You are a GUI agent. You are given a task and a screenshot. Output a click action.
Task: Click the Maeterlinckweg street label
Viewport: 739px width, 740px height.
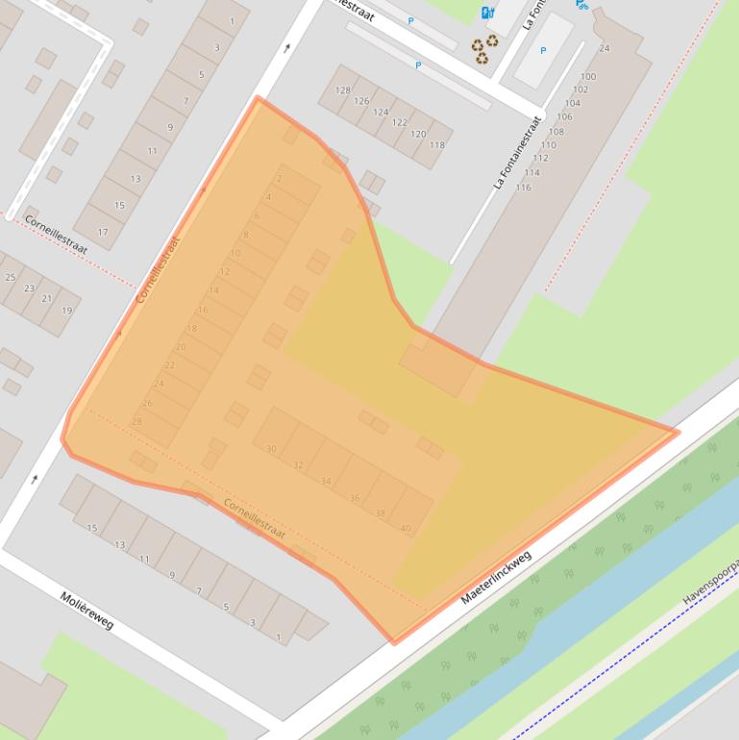[x=496, y=577]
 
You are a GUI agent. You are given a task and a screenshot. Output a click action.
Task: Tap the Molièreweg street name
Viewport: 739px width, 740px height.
[x=86, y=610]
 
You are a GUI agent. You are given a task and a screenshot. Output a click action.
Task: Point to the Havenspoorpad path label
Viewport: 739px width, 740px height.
[x=710, y=581]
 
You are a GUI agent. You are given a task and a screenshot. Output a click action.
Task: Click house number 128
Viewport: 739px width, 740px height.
[x=343, y=90]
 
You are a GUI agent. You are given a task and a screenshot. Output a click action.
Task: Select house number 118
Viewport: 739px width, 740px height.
[x=437, y=145]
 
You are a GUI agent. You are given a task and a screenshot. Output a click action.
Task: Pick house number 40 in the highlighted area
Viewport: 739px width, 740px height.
[x=406, y=528]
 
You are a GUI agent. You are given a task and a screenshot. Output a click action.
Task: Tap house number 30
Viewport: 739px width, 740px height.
[x=271, y=449]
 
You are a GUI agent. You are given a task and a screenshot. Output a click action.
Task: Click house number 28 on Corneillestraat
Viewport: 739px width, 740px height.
[x=136, y=421]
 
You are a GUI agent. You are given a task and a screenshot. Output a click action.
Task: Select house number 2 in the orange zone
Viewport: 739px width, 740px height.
[x=279, y=179]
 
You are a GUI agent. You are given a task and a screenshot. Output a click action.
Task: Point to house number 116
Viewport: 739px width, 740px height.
[x=523, y=187]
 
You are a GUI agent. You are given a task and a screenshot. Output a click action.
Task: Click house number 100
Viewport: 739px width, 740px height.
[x=588, y=77]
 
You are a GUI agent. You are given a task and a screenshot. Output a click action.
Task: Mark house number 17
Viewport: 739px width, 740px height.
[x=103, y=232]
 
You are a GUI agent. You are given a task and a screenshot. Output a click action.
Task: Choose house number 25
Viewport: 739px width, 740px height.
[x=11, y=277]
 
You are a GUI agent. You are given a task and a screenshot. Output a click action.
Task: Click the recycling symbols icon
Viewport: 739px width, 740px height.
[x=484, y=48]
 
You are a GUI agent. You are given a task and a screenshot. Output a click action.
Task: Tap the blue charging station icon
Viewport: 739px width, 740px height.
[x=487, y=12]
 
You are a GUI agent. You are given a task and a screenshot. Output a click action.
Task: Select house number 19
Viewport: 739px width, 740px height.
[x=67, y=310]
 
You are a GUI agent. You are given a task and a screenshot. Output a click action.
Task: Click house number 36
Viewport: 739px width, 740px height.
[x=355, y=498]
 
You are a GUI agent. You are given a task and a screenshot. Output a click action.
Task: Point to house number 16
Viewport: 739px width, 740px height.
[x=203, y=309]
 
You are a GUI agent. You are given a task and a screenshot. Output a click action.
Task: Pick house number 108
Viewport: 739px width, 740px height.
[x=556, y=132]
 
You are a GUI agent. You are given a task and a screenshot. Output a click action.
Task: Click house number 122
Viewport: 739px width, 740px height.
[x=400, y=123]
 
